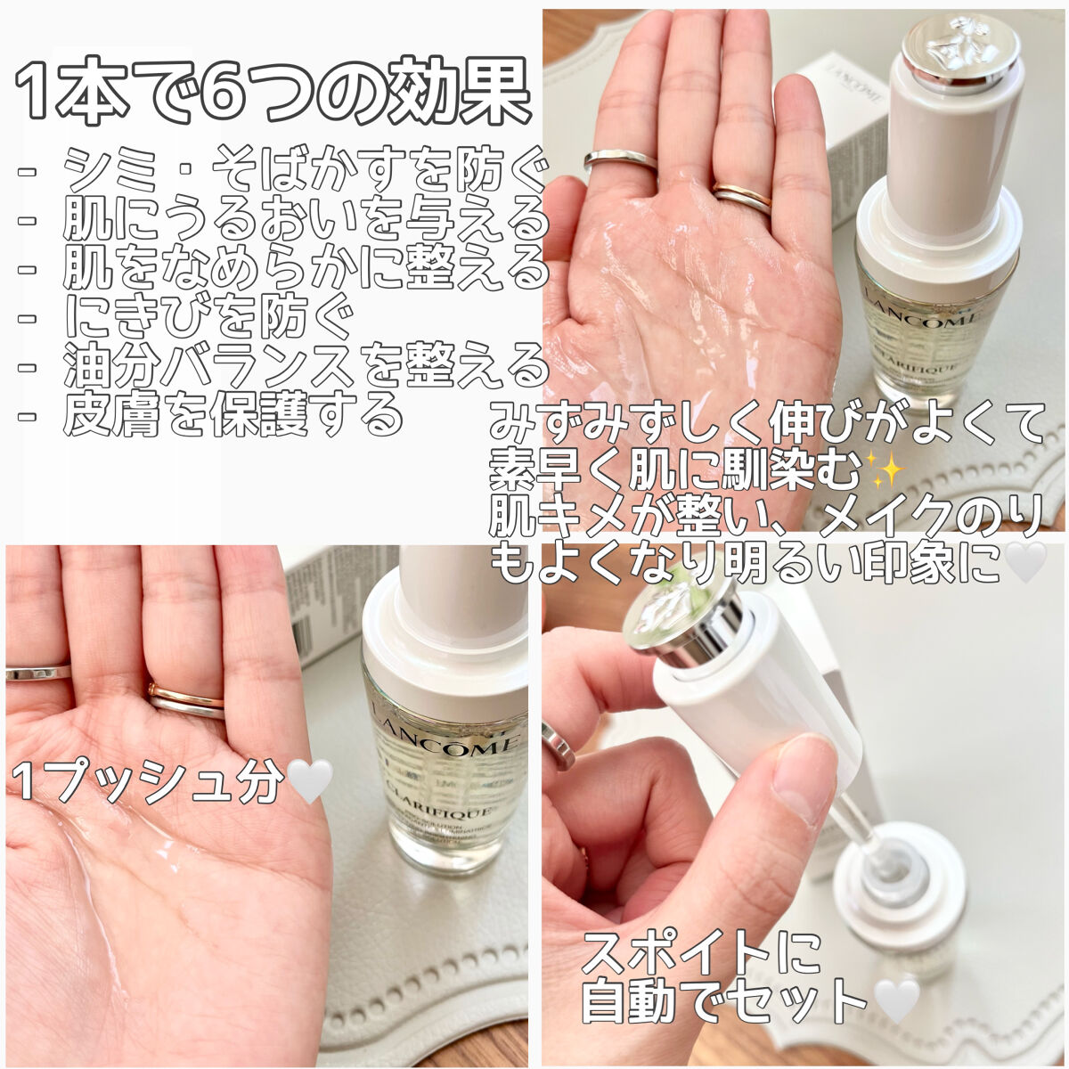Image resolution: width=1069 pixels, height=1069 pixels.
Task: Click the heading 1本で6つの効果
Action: click(272, 91)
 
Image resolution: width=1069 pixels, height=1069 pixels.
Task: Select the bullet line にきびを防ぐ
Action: click(209, 317)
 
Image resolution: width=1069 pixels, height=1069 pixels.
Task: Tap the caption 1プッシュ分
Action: click(147, 782)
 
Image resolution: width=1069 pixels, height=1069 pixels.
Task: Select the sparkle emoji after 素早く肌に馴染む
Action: click(885, 469)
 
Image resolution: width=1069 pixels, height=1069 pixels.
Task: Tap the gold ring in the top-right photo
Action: click(741, 198)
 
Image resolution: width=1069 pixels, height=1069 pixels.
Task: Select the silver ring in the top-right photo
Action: click(621, 160)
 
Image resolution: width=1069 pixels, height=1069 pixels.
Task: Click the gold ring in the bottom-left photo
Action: click(185, 699)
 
